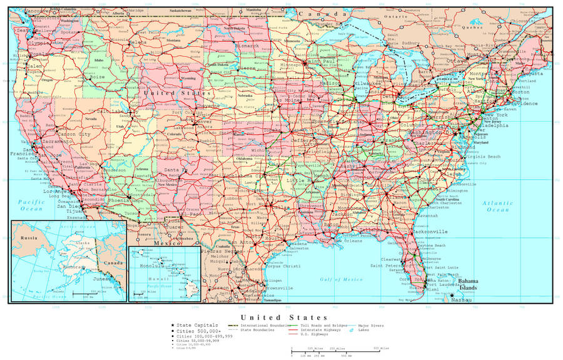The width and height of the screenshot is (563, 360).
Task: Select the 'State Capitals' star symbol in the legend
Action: tap(172, 326)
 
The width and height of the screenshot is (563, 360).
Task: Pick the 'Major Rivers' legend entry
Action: tap(370, 326)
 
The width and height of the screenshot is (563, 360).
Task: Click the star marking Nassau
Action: tap(452, 296)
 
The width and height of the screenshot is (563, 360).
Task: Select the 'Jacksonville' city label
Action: tap(430, 232)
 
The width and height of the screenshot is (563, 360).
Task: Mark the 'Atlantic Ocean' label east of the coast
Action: tap(498, 207)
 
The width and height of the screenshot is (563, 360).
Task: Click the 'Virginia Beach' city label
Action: tap(485, 157)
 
